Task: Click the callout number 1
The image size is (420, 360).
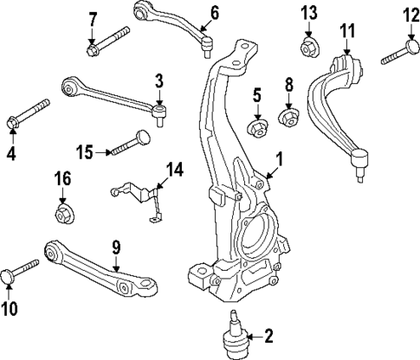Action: click(x=278, y=158)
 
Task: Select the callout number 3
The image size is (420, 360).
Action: click(x=159, y=80)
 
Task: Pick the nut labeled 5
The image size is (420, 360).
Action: click(x=256, y=129)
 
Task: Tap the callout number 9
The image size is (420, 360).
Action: click(x=114, y=248)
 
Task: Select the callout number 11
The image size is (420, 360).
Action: click(x=347, y=31)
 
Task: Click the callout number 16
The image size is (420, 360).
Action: click(x=62, y=180)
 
